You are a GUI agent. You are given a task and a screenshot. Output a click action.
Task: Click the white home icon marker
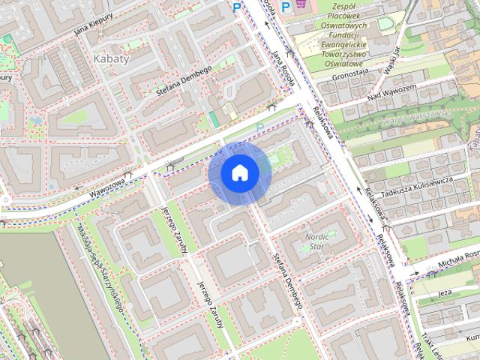tap(240, 172)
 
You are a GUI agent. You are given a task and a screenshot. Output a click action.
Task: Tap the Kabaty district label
tap(112, 58)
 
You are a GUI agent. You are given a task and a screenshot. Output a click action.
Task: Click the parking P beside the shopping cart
tap(285, 7)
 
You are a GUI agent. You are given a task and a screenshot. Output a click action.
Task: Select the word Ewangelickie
tap(347, 44)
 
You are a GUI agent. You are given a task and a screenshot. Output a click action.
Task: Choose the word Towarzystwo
tap(346, 54)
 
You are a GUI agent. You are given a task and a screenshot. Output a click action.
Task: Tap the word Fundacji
tap(347, 34)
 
